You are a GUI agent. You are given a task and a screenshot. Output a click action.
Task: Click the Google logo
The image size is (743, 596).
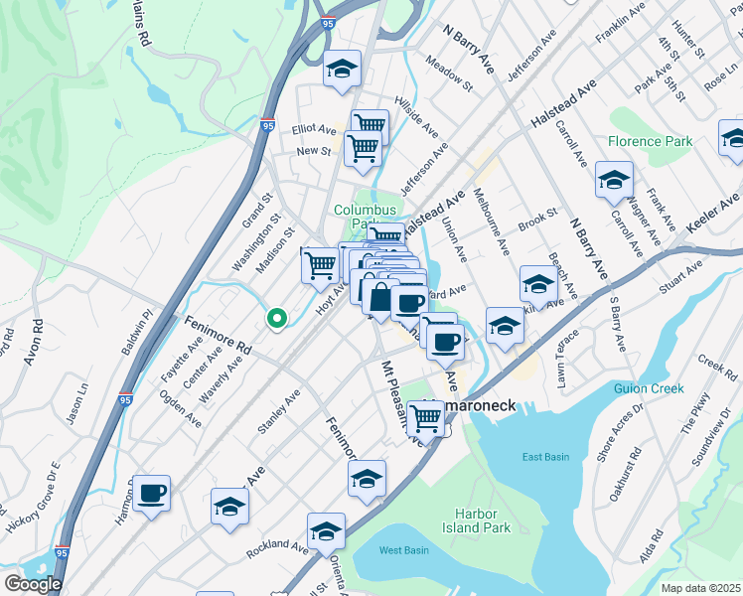point(33,584)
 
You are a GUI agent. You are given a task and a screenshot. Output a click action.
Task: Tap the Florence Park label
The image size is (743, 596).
point(650,142)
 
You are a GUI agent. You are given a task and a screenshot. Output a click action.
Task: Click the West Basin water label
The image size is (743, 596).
point(403,549)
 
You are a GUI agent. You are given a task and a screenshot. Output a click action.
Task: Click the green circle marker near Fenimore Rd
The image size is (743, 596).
point(277,318)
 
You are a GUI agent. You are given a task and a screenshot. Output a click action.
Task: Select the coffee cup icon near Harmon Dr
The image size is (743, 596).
point(151,493)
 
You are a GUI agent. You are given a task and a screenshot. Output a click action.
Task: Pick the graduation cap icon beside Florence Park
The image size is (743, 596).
point(614,180)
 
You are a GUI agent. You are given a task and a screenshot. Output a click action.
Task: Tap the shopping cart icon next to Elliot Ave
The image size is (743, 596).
point(369,124)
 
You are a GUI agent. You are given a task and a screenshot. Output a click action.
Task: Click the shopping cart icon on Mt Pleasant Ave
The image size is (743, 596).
point(426,418)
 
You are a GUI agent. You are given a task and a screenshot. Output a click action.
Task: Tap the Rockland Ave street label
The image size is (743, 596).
point(277,545)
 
